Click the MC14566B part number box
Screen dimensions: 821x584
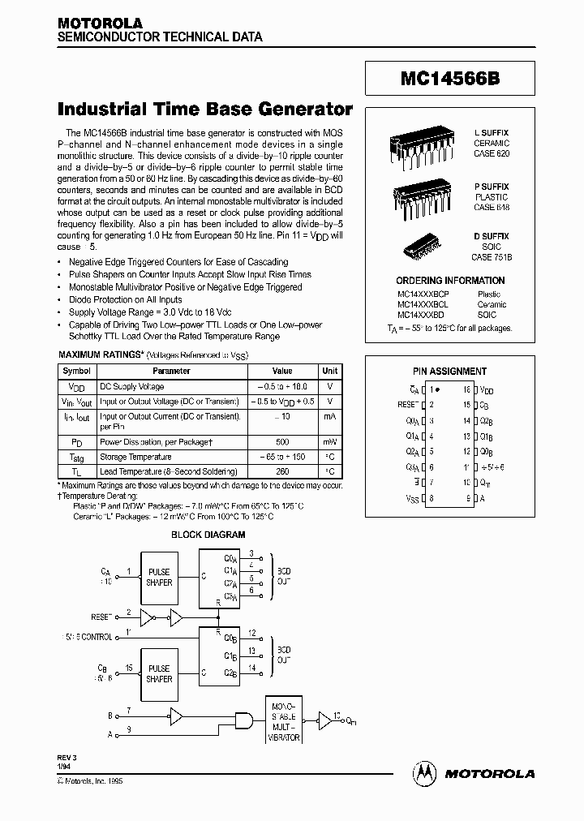tap(449, 80)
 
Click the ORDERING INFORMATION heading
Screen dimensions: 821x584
tap(449, 281)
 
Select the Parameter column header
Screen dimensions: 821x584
tap(171, 371)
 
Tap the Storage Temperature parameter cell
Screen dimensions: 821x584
tap(135, 457)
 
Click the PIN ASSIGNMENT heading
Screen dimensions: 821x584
tap(449, 372)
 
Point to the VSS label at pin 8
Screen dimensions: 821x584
tap(411, 498)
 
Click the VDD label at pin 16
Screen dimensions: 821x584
tap(487, 390)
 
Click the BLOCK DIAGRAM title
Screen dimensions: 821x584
tap(208, 535)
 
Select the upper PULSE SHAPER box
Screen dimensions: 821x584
tap(159, 577)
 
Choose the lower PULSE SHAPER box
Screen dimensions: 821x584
tap(159, 673)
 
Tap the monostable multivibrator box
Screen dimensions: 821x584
tap(283, 719)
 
